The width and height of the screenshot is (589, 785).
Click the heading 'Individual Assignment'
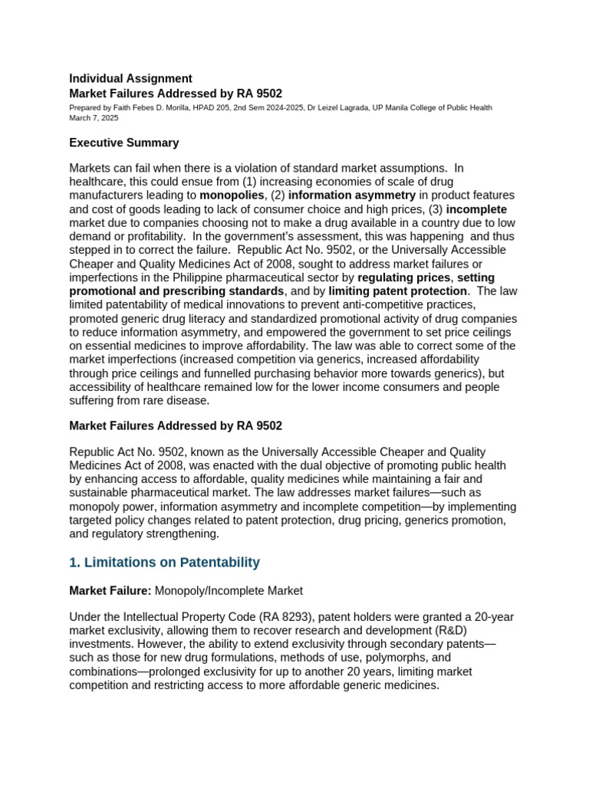130,78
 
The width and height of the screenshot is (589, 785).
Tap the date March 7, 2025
94,119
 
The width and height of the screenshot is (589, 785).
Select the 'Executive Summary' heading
123,143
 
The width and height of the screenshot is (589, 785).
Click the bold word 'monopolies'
232,195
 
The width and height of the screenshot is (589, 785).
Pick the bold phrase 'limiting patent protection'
398,291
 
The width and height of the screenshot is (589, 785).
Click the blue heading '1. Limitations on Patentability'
164,563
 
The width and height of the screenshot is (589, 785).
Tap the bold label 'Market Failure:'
110,590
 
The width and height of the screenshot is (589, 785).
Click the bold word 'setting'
476,278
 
